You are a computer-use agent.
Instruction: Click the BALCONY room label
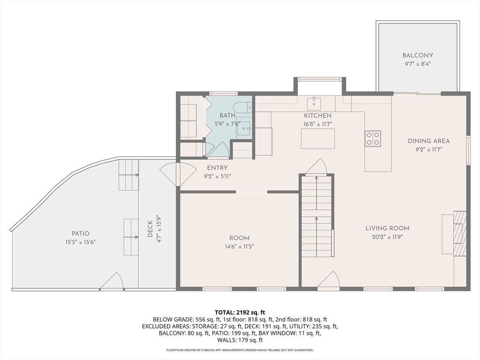pos(418,55)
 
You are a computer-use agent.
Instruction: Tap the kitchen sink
pos(314,103)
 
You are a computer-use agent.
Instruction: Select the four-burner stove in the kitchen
pos(373,138)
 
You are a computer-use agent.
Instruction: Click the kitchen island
pos(318,139)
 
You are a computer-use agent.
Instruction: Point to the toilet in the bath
pos(242,107)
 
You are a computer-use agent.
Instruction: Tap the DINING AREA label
pos(428,141)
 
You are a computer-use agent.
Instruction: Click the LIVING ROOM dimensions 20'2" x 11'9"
pos(387,237)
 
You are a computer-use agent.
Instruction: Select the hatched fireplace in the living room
pos(459,233)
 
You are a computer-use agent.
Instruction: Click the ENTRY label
pos(217,168)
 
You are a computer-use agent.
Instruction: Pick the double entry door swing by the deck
pos(178,174)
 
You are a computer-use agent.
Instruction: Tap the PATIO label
pos(81,233)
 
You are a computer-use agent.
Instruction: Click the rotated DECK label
pos(150,229)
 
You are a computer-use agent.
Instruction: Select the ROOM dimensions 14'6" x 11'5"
pos(239,247)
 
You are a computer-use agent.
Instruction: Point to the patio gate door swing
pos(112,280)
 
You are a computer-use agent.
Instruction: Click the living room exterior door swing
pos(329,279)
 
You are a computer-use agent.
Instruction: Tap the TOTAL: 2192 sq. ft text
pos(240,313)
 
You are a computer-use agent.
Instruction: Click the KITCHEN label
pos(318,116)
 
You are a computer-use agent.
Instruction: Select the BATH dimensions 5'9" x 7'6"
pos(227,124)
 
